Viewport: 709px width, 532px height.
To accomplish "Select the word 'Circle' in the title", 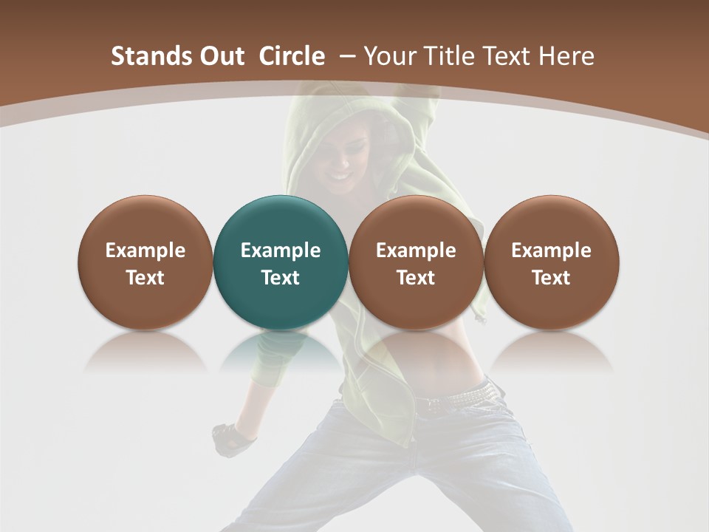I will pyautogui.click(x=292, y=56).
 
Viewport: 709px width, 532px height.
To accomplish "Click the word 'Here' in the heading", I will pyautogui.click(x=566, y=56).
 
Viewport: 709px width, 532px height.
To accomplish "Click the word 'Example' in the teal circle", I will pyautogui.click(x=281, y=250).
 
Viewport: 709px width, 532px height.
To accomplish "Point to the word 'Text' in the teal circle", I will pyautogui.click(x=281, y=278).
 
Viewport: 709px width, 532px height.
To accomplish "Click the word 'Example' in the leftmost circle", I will pyautogui.click(x=145, y=250).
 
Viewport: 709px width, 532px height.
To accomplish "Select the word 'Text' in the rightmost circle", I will pyautogui.click(x=552, y=278).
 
